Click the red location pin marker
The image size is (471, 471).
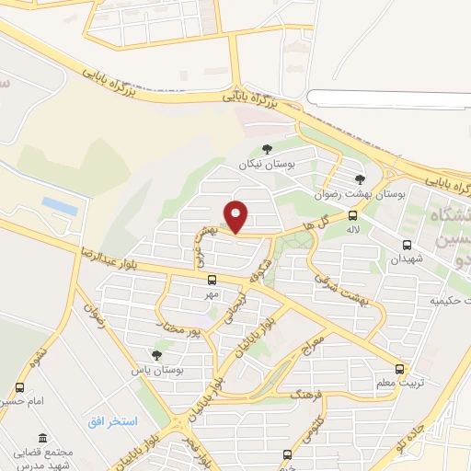[x=236, y=217]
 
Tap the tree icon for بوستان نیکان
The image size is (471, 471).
[x=267, y=149]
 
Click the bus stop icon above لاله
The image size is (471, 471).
[x=353, y=216]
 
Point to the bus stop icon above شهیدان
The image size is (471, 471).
[x=407, y=245]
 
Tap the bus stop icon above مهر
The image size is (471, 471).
[x=213, y=280]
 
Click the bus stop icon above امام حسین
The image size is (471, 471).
[x=20, y=388]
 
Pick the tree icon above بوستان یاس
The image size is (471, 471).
[x=157, y=354]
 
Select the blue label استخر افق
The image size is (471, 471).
[x=112, y=421]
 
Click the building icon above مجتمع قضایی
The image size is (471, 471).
[x=41, y=439]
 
